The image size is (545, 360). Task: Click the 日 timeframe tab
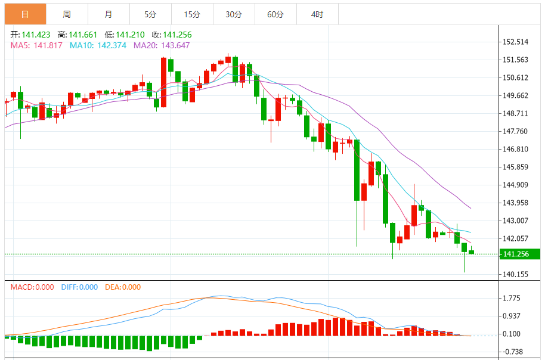pyautogui.click(x=25, y=14)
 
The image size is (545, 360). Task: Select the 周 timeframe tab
pyautogui.click(x=67, y=14)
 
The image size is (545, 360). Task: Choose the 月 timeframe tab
pyautogui.click(x=108, y=14)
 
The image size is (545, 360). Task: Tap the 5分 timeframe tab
pyautogui.click(x=150, y=14)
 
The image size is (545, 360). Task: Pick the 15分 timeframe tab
pyautogui.click(x=192, y=14)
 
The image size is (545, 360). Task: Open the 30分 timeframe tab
pyautogui.click(x=234, y=14)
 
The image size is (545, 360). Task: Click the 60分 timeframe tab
pyautogui.click(x=275, y=14)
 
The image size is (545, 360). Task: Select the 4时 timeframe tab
pyautogui.click(x=317, y=14)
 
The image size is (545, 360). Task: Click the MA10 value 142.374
pyautogui.click(x=106, y=45)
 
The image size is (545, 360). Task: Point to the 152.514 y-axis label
pyautogui.click(x=516, y=42)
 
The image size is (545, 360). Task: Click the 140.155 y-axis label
pyautogui.click(x=516, y=274)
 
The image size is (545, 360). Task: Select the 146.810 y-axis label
pyautogui.click(x=516, y=149)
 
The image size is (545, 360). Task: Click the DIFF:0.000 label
pyautogui.click(x=79, y=287)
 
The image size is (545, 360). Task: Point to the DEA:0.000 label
pyautogui.click(x=123, y=287)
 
